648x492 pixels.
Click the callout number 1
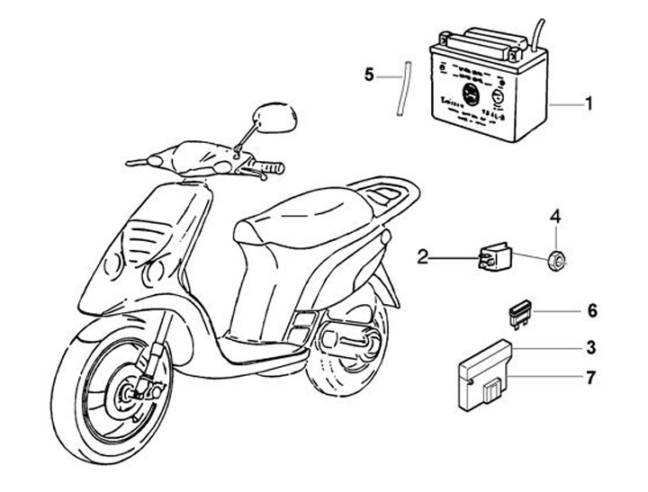(589, 104)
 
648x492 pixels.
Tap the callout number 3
(590, 346)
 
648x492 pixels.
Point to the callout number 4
(555, 217)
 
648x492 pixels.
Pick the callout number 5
(368, 76)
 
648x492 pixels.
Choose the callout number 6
(591, 311)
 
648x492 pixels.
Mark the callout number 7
(590, 378)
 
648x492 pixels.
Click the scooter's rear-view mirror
(276, 117)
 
